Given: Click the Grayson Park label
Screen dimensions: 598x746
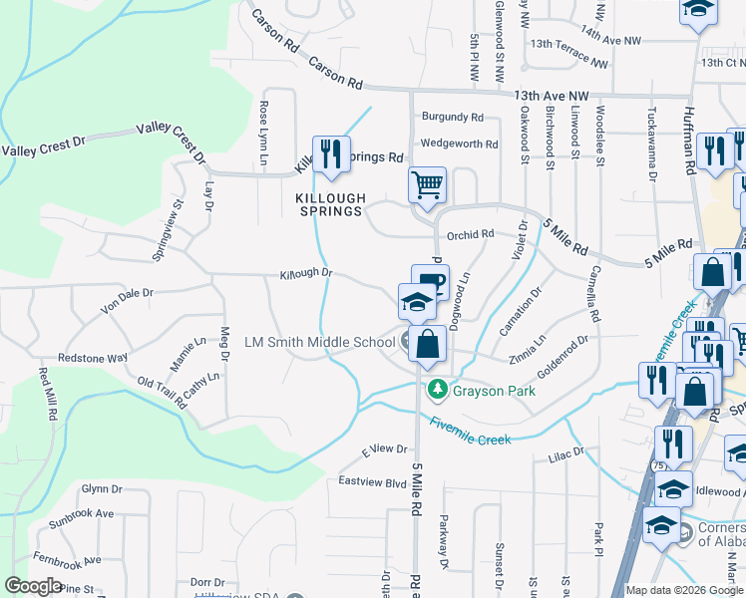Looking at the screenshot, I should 494,391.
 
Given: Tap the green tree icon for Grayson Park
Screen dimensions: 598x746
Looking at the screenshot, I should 435,389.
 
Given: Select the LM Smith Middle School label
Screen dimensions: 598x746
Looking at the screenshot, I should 320,343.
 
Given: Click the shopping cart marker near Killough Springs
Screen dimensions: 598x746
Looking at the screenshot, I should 427,185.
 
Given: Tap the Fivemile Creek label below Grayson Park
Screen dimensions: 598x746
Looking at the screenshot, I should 471,431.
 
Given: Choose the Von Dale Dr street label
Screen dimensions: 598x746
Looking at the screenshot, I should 127,300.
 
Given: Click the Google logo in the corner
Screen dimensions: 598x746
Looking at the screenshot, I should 33,586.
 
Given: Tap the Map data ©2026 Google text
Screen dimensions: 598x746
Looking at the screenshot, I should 683,590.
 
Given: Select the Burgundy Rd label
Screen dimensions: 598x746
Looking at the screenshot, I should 452,117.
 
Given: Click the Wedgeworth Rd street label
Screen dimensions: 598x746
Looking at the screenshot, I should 459,145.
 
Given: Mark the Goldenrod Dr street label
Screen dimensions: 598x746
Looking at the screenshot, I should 563,353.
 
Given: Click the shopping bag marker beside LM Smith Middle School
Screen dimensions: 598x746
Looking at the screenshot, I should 427,345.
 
